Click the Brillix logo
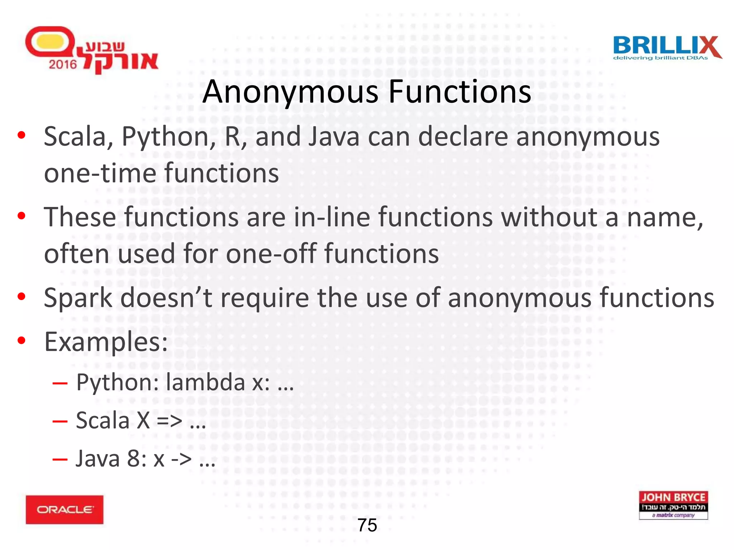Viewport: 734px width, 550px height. click(667, 48)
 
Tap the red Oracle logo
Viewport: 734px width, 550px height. click(65, 510)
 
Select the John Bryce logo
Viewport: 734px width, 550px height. click(673, 505)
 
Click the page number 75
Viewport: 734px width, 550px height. click(367, 525)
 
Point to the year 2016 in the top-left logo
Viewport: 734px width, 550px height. click(63, 64)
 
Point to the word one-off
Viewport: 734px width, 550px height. click(271, 254)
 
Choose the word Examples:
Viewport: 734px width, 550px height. click(106, 342)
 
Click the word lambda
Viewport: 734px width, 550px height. click(205, 382)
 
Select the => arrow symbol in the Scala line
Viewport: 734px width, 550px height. click(169, 421)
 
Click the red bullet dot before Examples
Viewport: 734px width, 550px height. click(22, 341)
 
